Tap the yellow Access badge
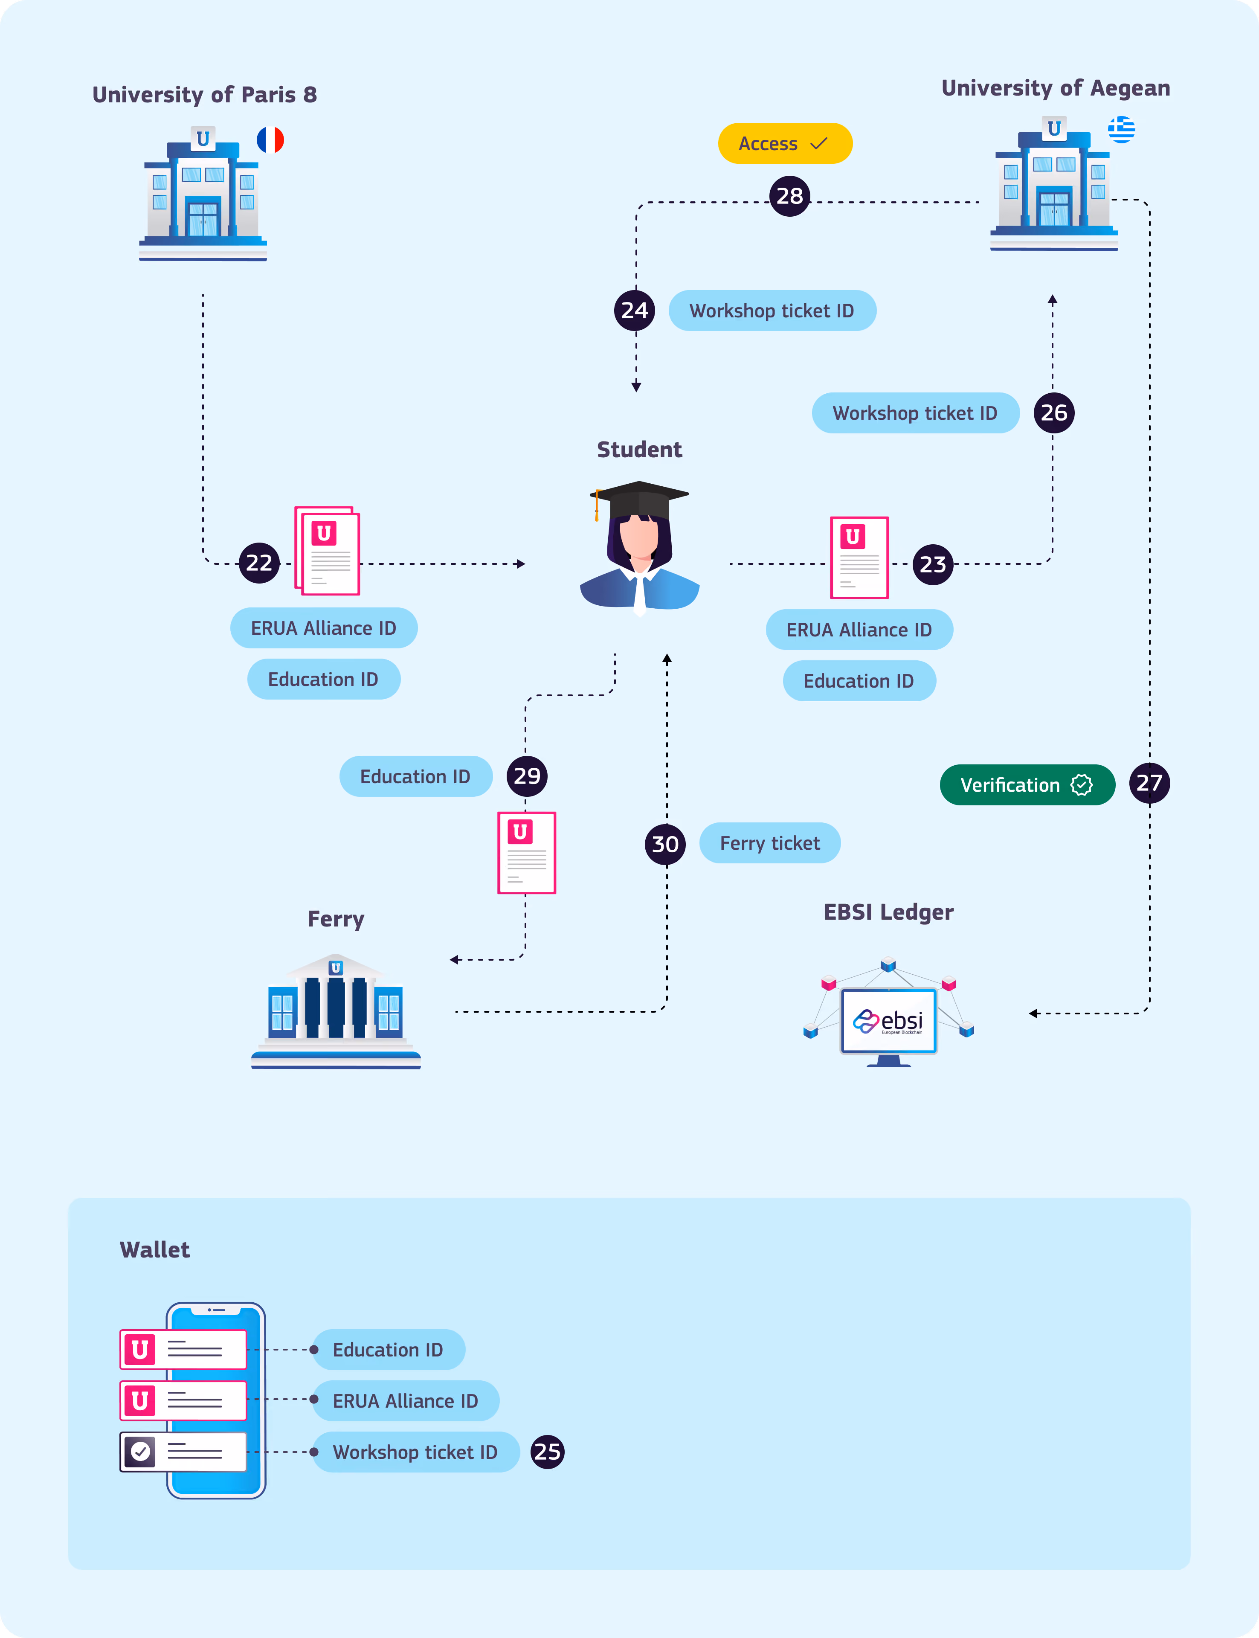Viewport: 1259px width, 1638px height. click(785, 143)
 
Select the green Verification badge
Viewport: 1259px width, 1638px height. click(1027, 784)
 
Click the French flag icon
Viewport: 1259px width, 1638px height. click(270, 140)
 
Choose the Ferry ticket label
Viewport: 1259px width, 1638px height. click(770, 843)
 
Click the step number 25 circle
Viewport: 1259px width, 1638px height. click(547, 1452)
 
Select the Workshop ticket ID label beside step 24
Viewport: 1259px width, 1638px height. click(772, 310)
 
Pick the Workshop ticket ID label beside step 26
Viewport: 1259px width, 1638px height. click(915, 413)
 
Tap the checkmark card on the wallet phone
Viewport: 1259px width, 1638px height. click(183, 1452)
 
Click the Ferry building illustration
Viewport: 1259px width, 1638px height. click(336, 1011)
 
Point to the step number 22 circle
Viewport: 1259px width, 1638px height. click(258, 563)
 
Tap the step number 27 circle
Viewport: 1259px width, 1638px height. click(1149, 783)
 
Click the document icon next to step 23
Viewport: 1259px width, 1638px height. click(859, 558)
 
